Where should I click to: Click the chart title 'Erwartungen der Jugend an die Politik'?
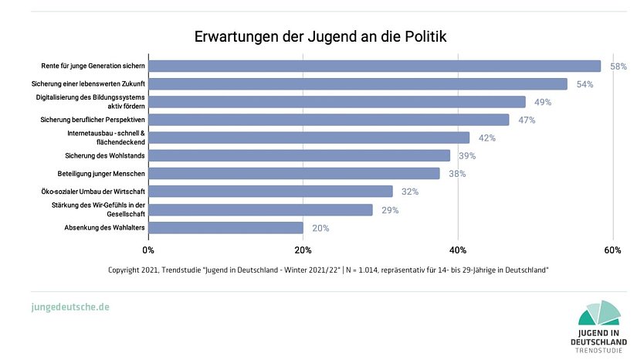[320, 36]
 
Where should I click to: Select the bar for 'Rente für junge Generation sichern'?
[375, 66]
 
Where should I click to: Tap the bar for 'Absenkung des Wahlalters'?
[225, 228]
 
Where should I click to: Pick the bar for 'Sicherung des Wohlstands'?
[299, 156]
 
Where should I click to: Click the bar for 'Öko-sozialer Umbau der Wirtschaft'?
[270, 192]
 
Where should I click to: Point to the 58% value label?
[618, 66]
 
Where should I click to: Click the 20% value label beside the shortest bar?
[320, 228]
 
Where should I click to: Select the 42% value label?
[486, 138]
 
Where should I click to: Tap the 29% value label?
[390, 210]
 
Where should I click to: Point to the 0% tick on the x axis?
[148, 250]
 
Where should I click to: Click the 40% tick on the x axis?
[458, 250]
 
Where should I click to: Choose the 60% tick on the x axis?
[612, 250]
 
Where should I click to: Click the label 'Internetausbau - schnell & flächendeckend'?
[106, 138]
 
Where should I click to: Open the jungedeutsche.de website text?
[70, 307]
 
